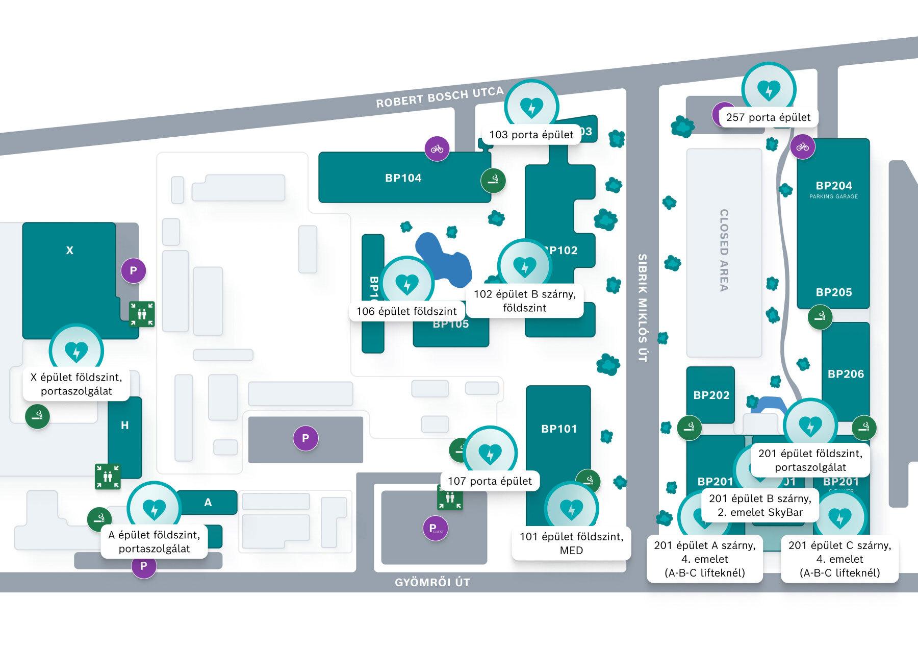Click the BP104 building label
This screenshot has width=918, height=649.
click(403, 178)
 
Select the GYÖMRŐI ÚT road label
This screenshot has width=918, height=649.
click(432, 582)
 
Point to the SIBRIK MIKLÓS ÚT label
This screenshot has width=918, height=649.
click(642, 308)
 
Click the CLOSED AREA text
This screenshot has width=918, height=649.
click(724, 250)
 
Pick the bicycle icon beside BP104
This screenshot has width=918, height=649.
click(437, 149)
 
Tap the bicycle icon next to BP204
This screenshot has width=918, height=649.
click(803, 147)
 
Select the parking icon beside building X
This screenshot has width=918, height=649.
click(133, 270)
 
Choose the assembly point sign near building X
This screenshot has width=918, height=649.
click(142, 314)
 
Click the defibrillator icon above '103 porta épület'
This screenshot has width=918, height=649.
click(531, 107)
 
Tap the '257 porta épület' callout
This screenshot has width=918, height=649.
click(768, 117)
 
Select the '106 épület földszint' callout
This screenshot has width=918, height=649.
click(406, 311)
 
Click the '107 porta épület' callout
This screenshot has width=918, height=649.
click(490, 481)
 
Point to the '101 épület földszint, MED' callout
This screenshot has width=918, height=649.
click(571, 543)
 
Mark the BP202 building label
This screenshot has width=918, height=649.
click(711, 395)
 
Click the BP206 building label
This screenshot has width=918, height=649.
click(846, 374)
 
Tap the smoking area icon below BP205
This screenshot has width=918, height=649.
click(820, 318)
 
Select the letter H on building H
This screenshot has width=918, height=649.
click(125, 426)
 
